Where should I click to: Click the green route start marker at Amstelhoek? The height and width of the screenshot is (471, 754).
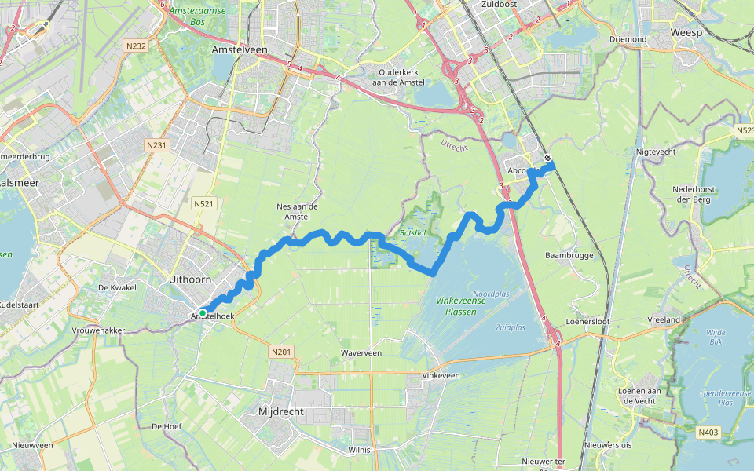[x=203, y=313]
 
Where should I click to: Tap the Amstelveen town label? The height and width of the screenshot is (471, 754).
[x=240, y=49]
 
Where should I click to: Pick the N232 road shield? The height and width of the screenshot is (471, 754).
[x=135, y=46]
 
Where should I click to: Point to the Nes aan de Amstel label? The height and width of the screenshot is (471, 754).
[x=293, y=211]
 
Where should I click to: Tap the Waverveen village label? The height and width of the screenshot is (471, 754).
[x=361, y=353]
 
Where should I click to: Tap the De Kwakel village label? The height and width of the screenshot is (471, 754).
[x=113, y=287]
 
